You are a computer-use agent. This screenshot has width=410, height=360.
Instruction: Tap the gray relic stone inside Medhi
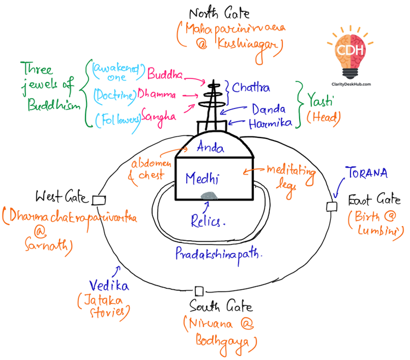point(210,195)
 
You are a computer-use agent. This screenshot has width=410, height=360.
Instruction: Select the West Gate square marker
point(98,200)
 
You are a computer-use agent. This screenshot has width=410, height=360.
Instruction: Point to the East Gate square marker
point(331,206)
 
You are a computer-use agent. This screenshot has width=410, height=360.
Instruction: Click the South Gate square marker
point(199,290)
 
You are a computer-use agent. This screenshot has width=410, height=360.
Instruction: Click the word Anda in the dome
point(210,148)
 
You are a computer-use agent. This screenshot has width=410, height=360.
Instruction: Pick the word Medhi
point(202,179)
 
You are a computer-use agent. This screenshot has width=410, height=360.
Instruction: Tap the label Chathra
point(251,88)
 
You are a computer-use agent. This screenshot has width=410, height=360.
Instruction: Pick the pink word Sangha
point(158,115)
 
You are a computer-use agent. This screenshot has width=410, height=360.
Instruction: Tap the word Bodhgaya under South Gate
point(226,342)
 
